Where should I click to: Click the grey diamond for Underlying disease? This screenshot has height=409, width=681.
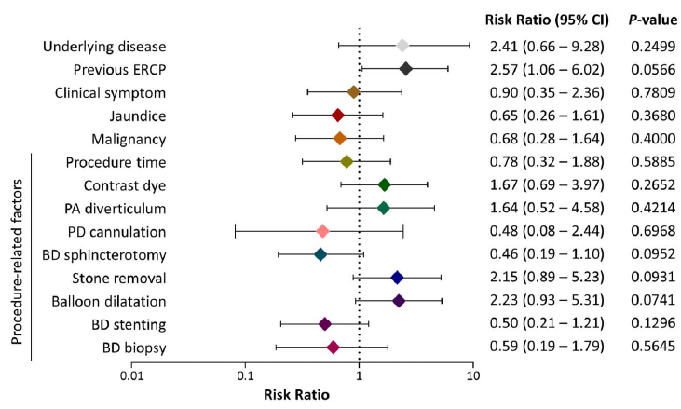coord(402,45)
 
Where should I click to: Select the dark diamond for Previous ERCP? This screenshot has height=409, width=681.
coord(406,69)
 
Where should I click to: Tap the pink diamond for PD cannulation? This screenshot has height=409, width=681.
coord(323,230)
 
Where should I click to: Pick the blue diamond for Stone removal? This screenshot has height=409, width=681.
coord(397,277)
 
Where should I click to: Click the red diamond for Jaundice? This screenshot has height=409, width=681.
coord(338,115)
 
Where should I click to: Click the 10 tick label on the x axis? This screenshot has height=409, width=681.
coord(473,376)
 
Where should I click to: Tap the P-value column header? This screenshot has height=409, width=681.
coord(646,19)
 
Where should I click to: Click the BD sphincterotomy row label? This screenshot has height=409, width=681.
coord(104,253)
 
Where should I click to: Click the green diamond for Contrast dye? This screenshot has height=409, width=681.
coord(384,184)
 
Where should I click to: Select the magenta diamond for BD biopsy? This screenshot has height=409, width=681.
coord(333,348)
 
